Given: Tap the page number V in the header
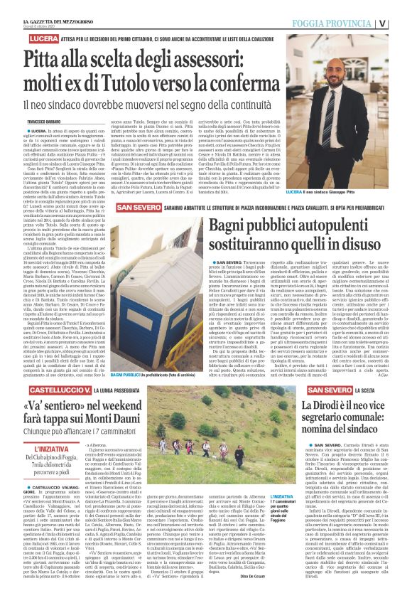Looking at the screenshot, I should point(403,22).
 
